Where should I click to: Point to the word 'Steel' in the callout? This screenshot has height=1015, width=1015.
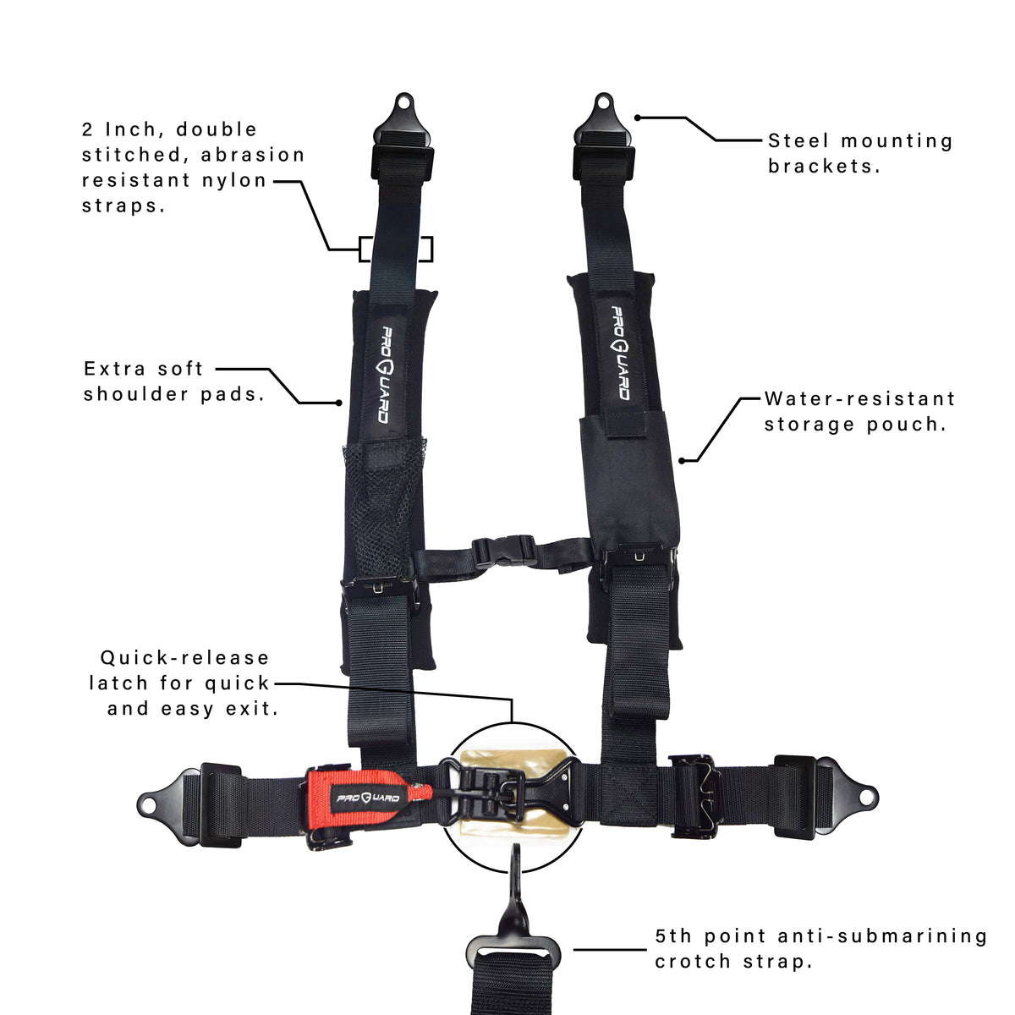click(798, 141)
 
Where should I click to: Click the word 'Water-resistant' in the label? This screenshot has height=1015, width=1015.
click(859, 399)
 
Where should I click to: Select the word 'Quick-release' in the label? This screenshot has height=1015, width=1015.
click(184, 658)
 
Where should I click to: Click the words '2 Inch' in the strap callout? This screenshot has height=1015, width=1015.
click(119, 129)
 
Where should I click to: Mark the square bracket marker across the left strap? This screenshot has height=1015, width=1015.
click(396, 249)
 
